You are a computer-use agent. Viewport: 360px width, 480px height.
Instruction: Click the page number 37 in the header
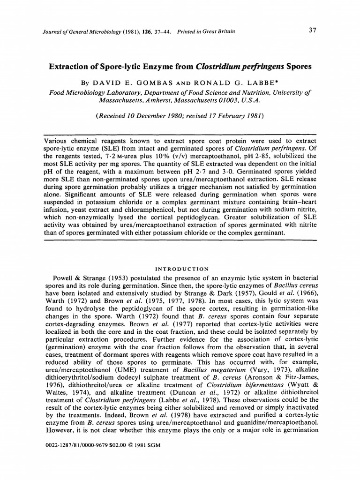pyautogui.click(x=313, y=31)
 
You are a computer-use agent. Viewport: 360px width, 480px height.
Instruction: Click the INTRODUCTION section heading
pyautogui.click(x=182, y=269)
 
